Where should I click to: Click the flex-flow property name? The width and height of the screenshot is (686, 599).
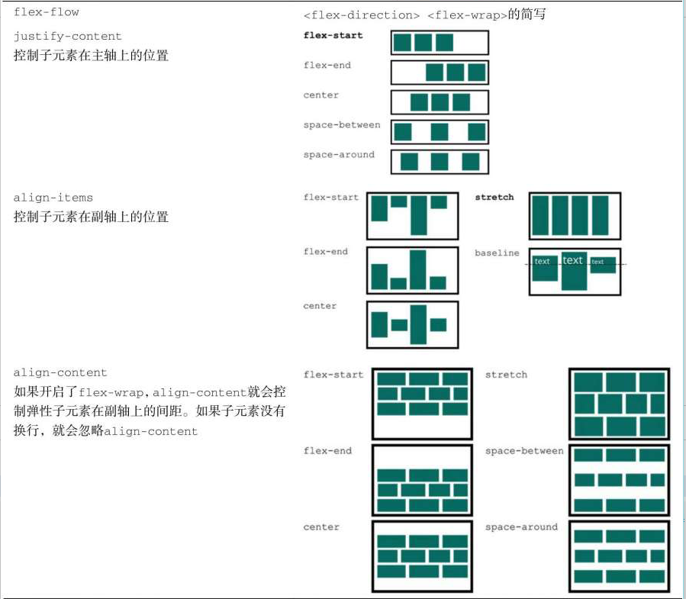click(46, 12)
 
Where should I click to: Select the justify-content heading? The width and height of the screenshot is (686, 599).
click(67, 37)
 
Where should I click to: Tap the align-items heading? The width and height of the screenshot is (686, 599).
click(53, 198)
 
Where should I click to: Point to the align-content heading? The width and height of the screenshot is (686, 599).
click(60, 373)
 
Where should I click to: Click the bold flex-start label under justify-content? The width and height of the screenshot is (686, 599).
click(333, 36)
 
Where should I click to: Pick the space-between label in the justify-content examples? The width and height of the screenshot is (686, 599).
click(341, 125)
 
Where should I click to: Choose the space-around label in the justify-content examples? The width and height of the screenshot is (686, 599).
click(339, 155)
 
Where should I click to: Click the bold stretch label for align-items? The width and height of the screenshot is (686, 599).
click(494, 198)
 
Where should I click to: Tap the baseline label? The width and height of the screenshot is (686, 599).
click(497, 253)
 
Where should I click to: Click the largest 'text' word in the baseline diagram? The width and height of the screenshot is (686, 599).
click(572, 261)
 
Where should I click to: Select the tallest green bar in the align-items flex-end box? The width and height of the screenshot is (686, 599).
click(418, 269)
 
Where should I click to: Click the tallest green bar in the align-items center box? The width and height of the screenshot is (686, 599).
click(418, 324)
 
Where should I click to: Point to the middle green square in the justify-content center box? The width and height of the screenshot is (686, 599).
click(440, 102)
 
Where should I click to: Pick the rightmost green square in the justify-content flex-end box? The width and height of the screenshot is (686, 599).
click(476, 72)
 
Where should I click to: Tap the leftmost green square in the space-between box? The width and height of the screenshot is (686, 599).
click(403, 132)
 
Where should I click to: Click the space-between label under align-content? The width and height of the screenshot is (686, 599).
click(524, 451)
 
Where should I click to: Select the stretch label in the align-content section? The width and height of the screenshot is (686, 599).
click(506, 375)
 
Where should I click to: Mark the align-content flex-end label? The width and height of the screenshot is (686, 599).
click(327, 451)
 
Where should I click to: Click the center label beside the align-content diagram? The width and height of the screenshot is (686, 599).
click(320, 527)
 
